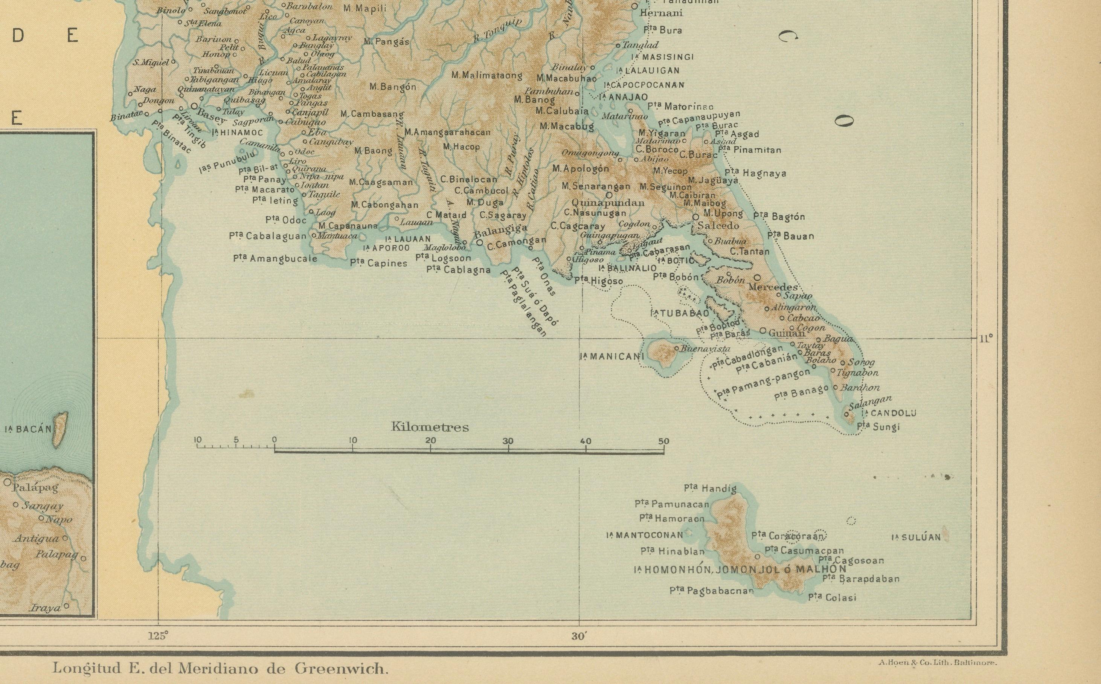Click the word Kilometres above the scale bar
tap(430, 427)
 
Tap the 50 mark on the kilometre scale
tap(663, 441)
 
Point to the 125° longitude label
tap(158, 635)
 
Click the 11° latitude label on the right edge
tap(986, 338)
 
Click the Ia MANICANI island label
tap(612, 356)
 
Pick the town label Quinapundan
tap(608, 203)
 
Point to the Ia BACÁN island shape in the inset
tap(61, 427)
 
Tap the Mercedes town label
tap(773, 287)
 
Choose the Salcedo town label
tap(718, 225)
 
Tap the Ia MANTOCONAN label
tap(644, 535)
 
